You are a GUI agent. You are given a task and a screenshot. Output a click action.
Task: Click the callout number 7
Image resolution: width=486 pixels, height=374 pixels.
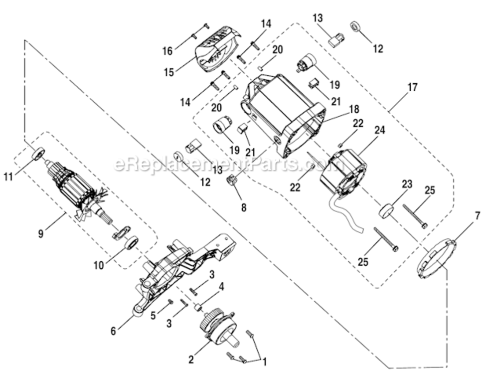tap(478, 216)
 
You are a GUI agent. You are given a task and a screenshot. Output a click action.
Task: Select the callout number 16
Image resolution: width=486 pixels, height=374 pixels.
tap(167, 51)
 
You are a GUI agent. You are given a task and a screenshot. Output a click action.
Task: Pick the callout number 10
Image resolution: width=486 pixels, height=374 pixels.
tap(99, 265)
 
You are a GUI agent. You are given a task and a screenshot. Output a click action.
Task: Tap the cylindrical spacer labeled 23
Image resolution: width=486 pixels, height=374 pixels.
tap(386, 209)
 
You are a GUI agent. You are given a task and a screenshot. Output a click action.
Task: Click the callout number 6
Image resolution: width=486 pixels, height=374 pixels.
tap(113, 331)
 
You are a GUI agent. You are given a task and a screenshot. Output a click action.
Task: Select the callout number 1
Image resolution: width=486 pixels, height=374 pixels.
tap(264, 360)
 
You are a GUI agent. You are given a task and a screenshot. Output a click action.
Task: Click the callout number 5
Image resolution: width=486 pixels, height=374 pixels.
tap(154, 316)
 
